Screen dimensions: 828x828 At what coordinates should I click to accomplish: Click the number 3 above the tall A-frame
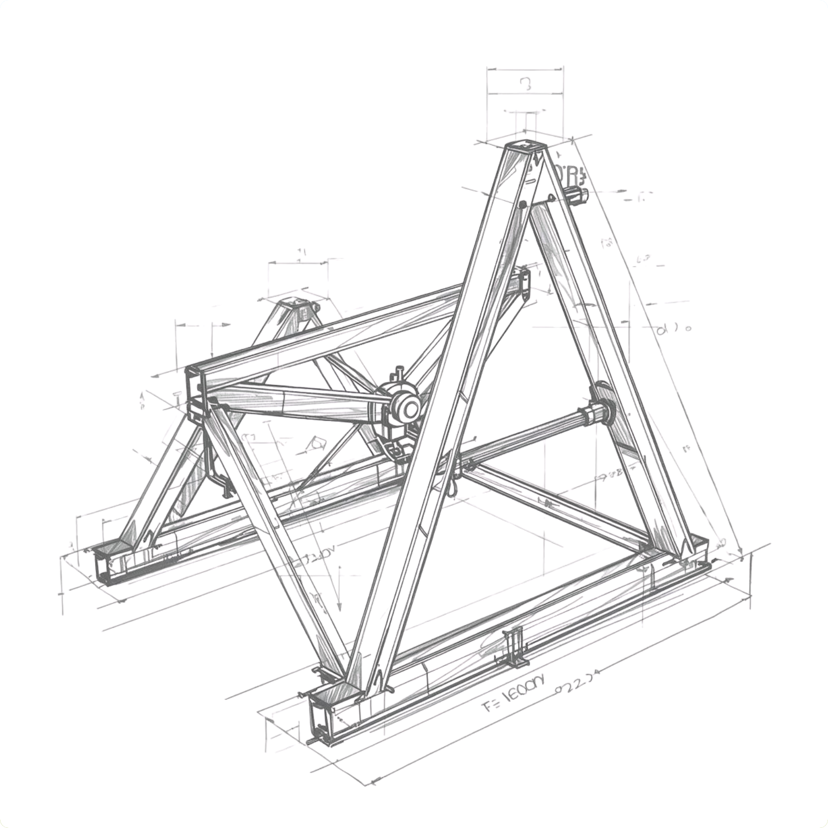(x=526, y=84)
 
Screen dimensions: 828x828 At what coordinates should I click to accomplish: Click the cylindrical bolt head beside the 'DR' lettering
(x=578, y=196)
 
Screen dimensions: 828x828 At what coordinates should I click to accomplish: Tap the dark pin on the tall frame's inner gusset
(x=522, y=204)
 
